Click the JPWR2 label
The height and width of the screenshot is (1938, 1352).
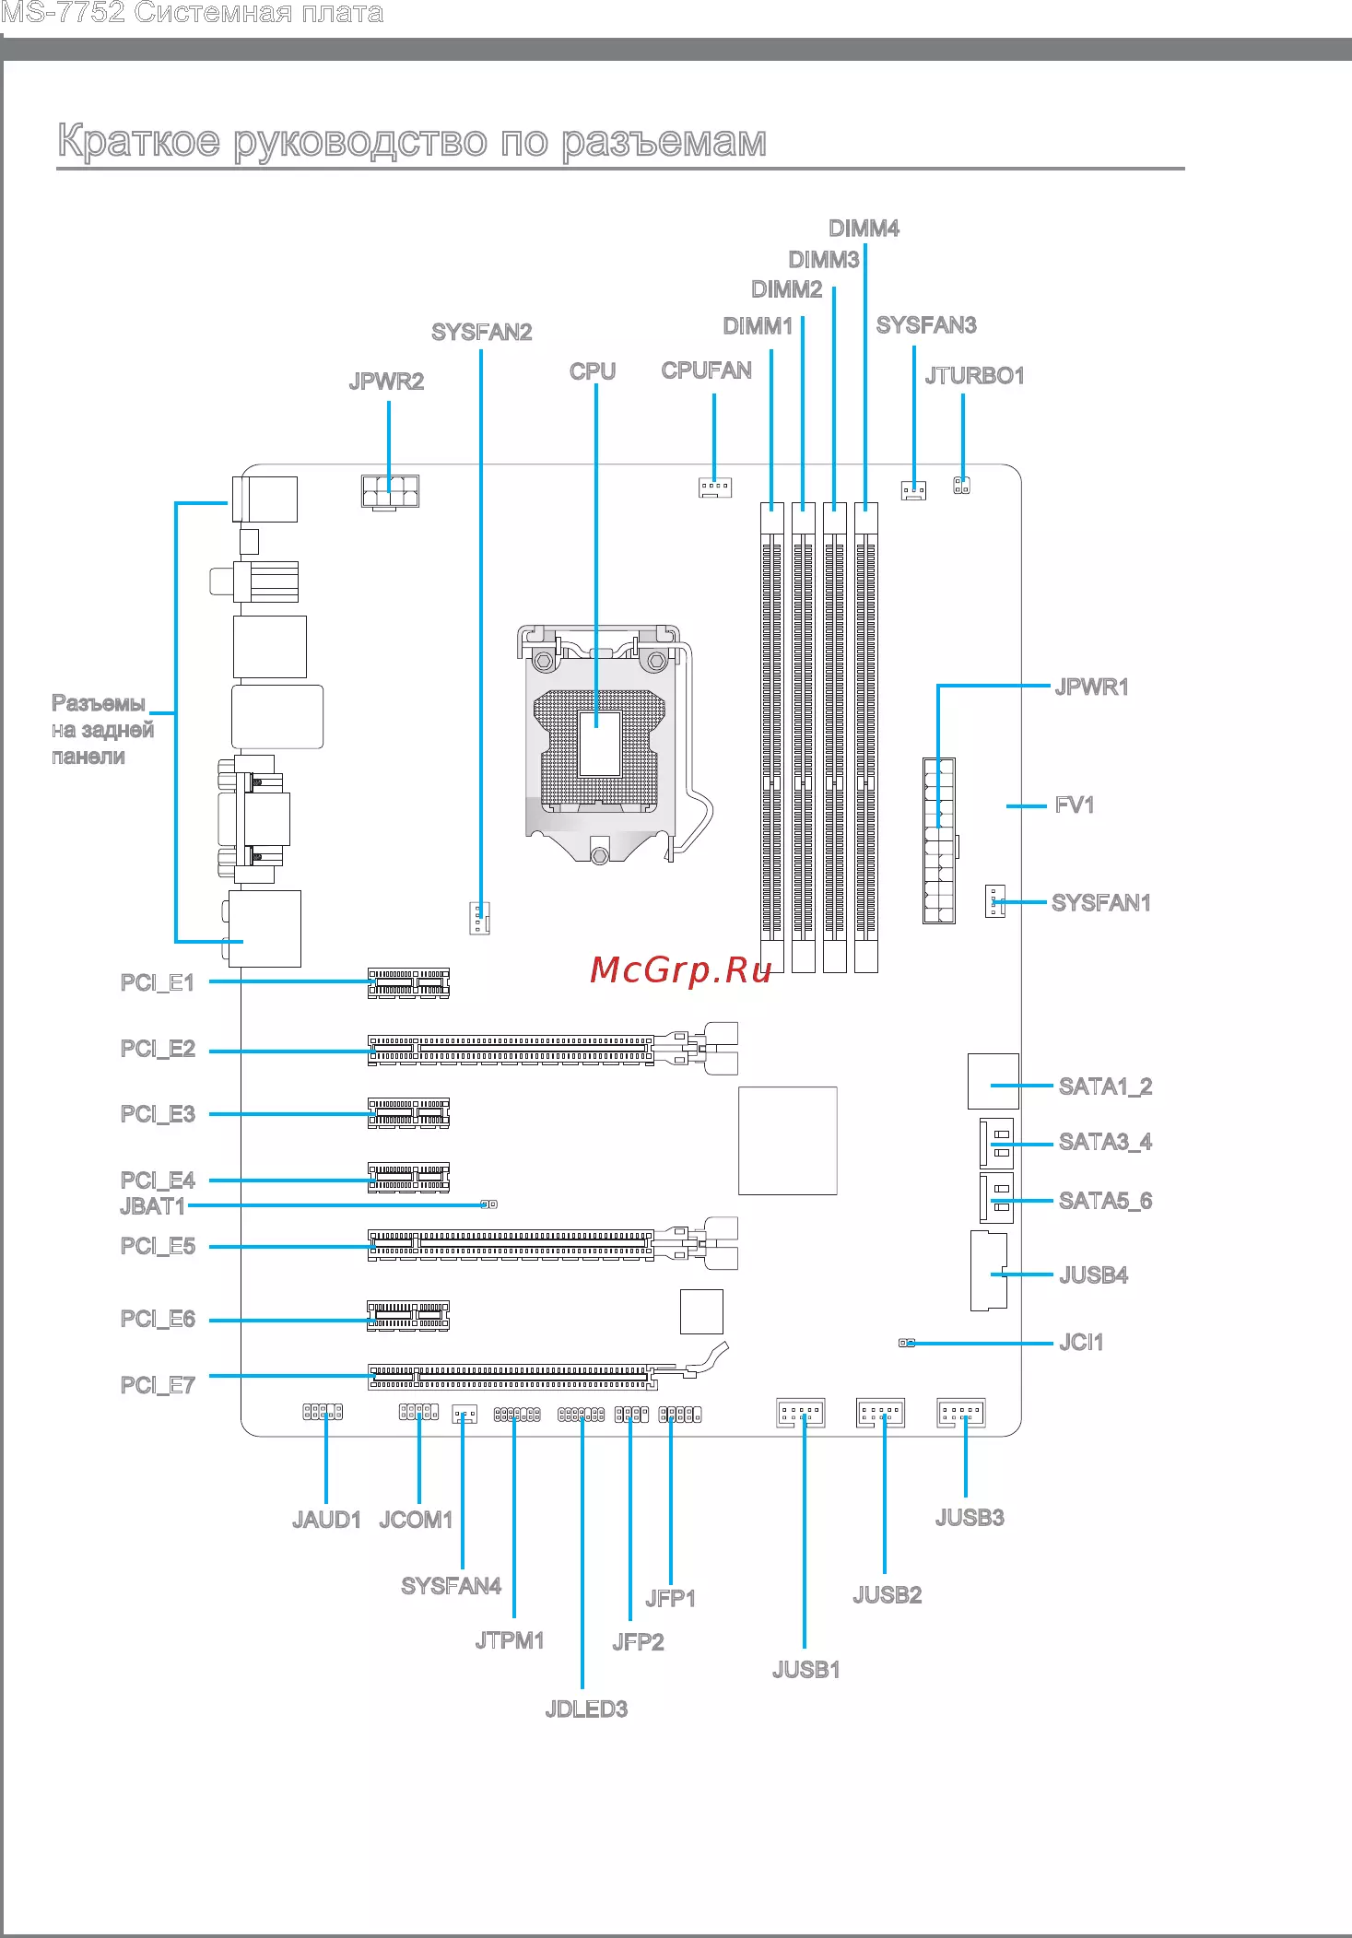click(386, 382)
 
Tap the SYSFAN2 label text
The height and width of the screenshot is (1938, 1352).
click(482, 332)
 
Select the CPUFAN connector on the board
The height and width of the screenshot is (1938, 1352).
click(715, 487)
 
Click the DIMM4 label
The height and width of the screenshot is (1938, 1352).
click(864, 229)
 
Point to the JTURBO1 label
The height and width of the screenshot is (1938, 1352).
click(974, 376)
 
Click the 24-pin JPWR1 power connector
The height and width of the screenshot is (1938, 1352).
click(939, 840)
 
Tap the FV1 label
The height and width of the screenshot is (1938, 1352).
click(1075, 805)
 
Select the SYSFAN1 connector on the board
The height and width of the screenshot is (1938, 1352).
click(994, 900)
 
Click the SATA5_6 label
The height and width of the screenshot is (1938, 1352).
click(1105, 1201)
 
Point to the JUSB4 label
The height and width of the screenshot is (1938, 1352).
click(1093, 1275)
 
